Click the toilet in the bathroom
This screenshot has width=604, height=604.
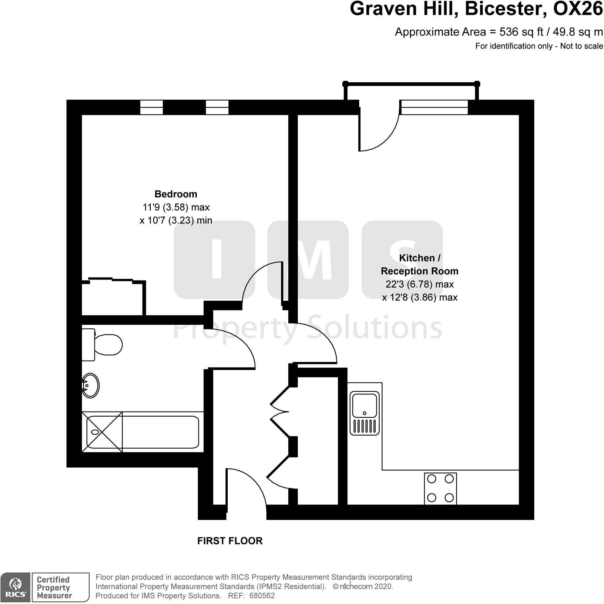tap(102, 344)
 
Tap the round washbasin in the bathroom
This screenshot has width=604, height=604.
tap(90, 385)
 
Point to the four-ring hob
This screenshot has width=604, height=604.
tap(440, 488)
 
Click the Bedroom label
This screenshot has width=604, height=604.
tap(176, 194)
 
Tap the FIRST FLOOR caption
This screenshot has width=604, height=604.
tap(230, 541)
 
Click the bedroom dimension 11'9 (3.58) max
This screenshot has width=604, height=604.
tap(176, 207)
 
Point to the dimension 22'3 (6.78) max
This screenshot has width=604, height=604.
tap(420, 284)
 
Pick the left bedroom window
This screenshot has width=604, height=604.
tap(151, 107)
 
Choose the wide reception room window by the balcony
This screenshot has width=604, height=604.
tap(435, 107)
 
